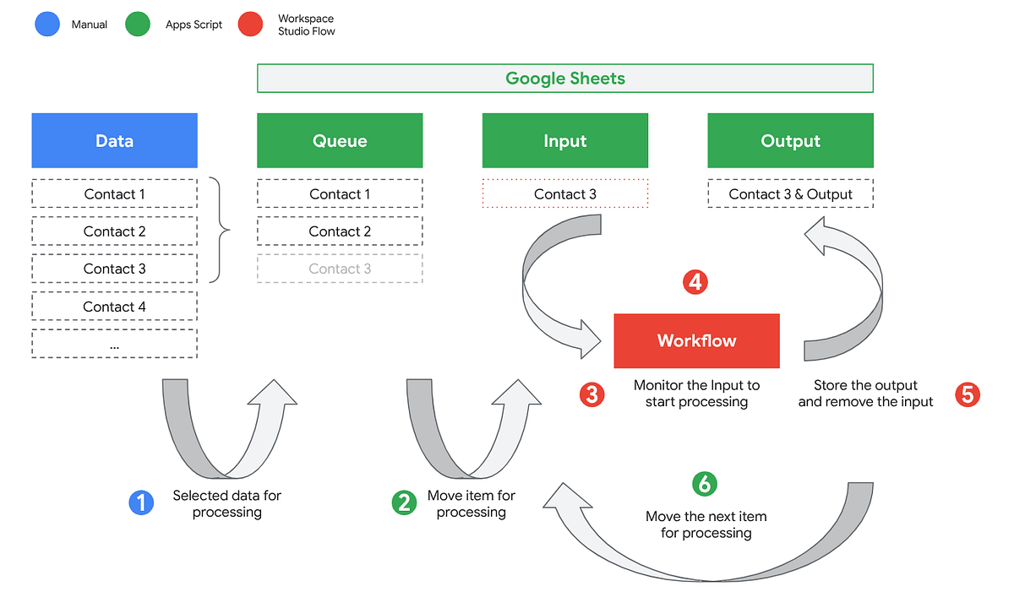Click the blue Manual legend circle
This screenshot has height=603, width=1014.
[x=47, y=24]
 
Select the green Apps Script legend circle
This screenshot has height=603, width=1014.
[x=137, y=24]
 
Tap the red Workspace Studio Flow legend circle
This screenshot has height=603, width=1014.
[x=249, y=24]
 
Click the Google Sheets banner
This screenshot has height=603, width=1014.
[x=564, y=79]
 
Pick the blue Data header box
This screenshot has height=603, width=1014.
[x=114, y=141]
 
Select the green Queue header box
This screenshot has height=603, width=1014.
[x=340, y=141]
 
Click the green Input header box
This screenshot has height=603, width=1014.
[x=564, y=141]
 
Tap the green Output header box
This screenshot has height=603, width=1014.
[x=790, y=141]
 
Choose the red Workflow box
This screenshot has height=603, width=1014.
[x=696, y=341]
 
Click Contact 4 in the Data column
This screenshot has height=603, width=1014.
[x=114, y=307]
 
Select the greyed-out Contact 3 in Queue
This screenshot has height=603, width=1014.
[x=340, y=269]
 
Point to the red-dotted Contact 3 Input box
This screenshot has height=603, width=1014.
[x=564, y=194]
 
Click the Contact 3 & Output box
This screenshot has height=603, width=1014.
[x=790, y=194]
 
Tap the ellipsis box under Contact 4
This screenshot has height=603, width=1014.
[x=114, y=345]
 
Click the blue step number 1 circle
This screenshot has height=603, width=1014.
[x=140, y=503]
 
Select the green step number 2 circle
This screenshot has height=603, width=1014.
[x=404, y=503]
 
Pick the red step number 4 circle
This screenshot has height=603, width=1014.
[x=695, y=282]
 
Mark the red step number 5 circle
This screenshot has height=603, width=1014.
[x=968, y=394]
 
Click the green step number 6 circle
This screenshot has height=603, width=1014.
[x=705, y=484]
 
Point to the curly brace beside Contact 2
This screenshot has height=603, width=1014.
[x=221, y=231]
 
